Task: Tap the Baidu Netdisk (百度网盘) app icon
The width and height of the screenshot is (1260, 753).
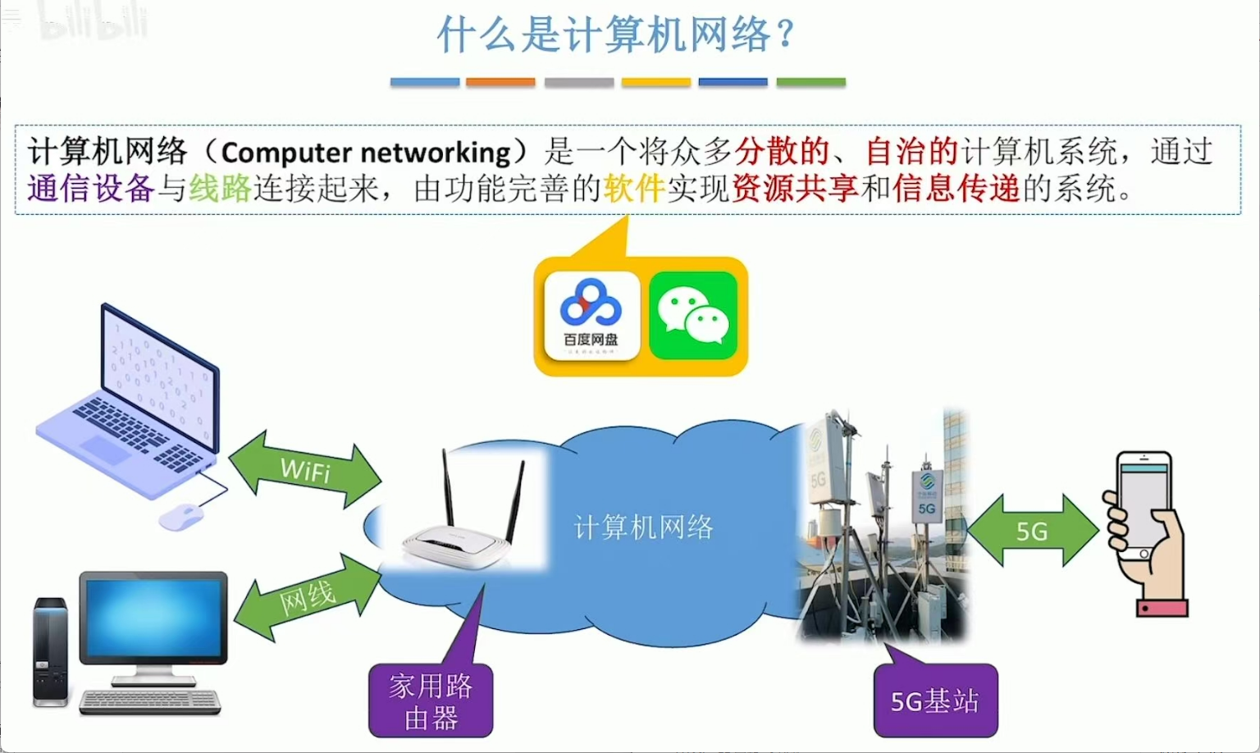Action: click(x=591, y=317)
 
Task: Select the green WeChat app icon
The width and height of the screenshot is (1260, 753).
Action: click(x=693, y=317)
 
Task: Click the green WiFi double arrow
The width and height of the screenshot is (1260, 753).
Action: click(x=305, y=470)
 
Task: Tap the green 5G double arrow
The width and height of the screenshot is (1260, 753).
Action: click(x=1033, y=532)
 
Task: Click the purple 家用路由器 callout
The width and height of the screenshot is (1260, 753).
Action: click(x=431, y=701)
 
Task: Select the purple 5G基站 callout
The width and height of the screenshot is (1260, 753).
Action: click(x=935, y=701)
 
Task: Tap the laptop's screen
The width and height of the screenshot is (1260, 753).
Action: click(x=159, y=373)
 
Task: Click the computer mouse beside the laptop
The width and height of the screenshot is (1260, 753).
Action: click(x=181, y=517)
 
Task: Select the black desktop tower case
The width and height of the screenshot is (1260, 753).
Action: click(x=50, y=652)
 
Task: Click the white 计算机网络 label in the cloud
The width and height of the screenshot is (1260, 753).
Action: click(x=643, y=527)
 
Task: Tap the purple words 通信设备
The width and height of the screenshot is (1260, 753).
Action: click(x=90, y=189)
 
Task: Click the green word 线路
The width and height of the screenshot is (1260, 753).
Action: click(x=220, y=189)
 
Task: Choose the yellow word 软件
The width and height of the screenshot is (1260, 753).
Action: click(x=633, y=189)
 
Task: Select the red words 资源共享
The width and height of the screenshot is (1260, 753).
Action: click(x=794, y=189)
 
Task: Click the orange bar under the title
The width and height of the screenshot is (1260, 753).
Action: click(x=500, y=82)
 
